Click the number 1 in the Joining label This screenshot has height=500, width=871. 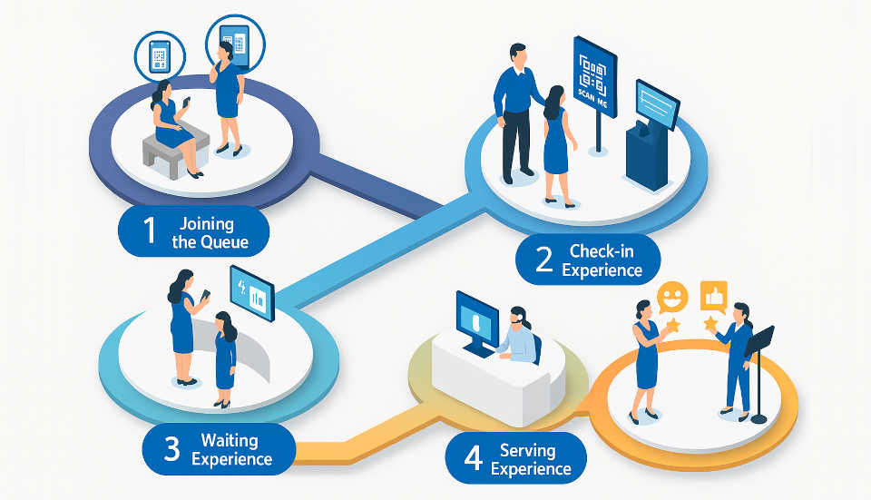point(150,231)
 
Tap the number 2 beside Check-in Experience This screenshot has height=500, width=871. point(544,260)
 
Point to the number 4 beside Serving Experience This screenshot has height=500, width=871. point(473,458)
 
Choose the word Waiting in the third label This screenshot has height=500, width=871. point(230,441)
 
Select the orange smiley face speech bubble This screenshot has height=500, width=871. point(672,296)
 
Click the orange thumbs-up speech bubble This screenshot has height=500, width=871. point(715,295)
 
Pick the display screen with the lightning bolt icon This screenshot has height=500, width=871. point(252,292)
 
